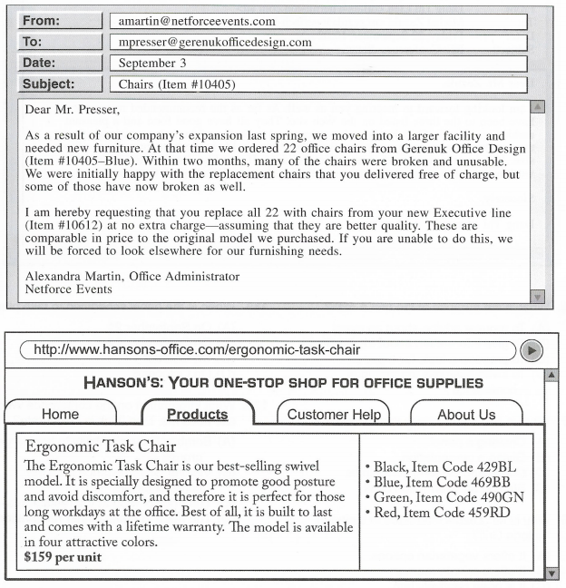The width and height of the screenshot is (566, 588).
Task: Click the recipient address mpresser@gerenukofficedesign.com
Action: [x=215, y=42]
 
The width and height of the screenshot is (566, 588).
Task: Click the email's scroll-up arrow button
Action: [x=538, y=108]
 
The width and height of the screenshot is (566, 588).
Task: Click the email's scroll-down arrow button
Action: [x=538, y=296]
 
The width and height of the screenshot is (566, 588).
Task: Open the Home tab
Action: [x=60, y=415]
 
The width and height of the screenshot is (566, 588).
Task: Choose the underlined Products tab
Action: [x=197, y=415]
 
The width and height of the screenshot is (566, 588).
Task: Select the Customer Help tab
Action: [x=333, y=415]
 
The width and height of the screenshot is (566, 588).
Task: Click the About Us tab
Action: [x=466, y=415]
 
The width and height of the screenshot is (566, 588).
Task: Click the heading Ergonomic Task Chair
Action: [x=101, y=446]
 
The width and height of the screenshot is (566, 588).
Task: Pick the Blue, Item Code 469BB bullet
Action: [x=440, y=482]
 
